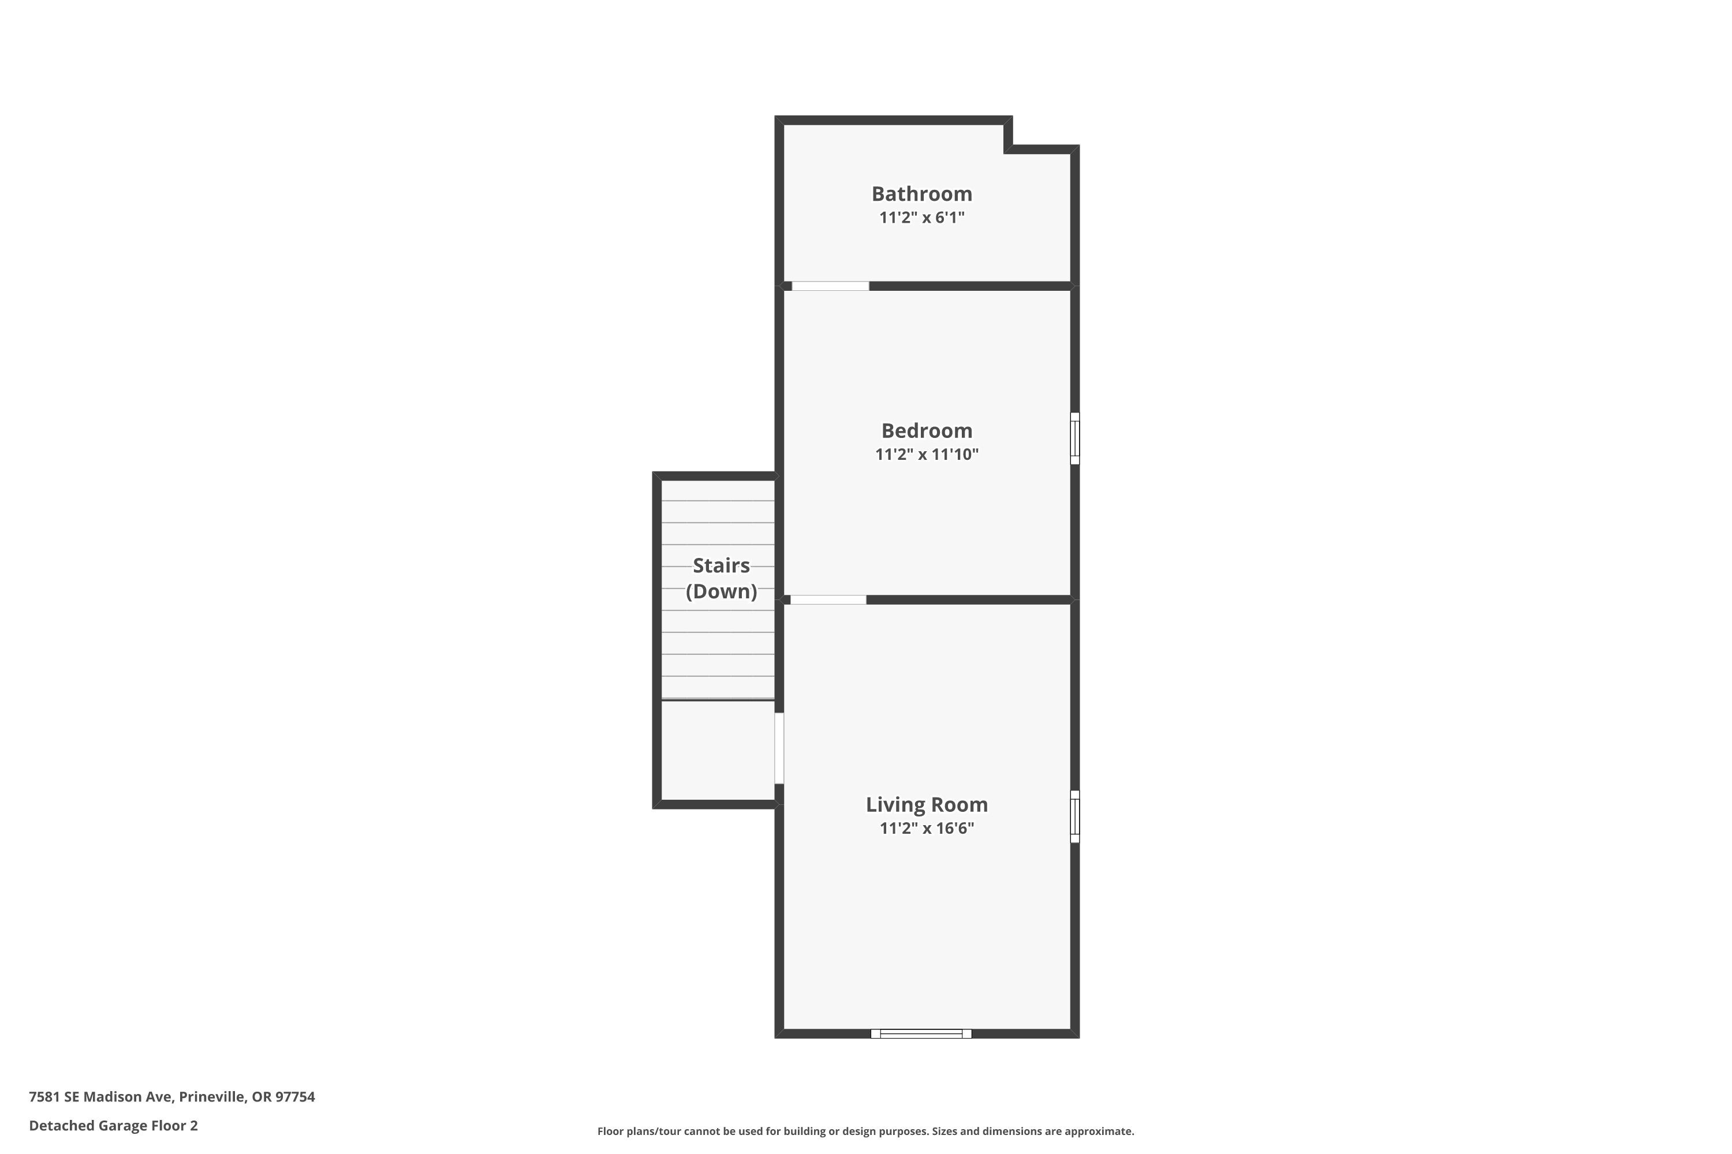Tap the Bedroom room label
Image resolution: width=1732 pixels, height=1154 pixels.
(x=927, y=430)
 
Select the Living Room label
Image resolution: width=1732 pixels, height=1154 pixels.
(x=927, y=804)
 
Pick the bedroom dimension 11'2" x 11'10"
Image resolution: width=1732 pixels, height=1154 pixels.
(x=927, y=454)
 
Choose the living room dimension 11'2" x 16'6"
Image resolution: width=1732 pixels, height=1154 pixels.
(x=927, y=828)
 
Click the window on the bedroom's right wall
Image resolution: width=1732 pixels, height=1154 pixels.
(x=1074, y=439)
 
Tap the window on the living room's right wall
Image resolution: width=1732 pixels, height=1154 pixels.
(x=1074, y=816)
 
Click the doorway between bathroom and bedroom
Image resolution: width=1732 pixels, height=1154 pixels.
(x=830, y=286)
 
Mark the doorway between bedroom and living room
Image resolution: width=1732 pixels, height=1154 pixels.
(x=828, y=600)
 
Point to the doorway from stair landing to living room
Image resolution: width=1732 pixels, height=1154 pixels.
(x=779, y=748)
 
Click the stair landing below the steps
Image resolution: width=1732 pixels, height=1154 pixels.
(x=718, y=750)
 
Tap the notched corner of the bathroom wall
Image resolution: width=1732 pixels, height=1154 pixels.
(x=1008, y=149)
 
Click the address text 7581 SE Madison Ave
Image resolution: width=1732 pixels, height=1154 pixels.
(x=100, y=1097)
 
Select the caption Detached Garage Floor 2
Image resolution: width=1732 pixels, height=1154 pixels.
(x=113, y=1125)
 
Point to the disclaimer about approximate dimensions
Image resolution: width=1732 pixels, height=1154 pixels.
(x=865, y=1131)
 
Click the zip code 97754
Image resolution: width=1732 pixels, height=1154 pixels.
(x=295, y=1097)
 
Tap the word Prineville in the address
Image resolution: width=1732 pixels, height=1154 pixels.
(x=212, y=1097)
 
